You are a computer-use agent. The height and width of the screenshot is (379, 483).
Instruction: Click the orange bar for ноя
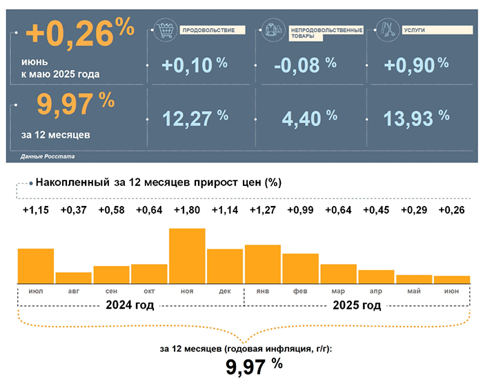187,255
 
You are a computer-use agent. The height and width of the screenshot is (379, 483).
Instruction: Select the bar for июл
35,265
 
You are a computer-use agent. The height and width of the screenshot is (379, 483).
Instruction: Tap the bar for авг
73,277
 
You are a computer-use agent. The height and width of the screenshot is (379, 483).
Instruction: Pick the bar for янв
263,263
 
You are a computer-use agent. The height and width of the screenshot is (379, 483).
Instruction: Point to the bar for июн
452,279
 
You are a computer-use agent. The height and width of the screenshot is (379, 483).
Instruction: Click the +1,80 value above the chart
187,210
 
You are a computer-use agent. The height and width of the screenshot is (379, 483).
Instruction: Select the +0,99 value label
301,210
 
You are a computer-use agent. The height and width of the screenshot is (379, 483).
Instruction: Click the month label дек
225,291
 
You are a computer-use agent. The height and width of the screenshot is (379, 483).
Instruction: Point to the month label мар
338,291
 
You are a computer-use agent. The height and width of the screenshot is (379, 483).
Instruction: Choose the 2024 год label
130,305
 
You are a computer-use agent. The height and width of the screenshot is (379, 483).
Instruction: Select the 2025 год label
357,305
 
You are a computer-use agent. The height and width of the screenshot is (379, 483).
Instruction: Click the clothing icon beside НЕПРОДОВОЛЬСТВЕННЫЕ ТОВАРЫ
272,31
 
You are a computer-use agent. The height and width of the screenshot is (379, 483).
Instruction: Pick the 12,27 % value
195,118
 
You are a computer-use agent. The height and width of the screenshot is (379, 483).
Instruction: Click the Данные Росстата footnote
48,157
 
